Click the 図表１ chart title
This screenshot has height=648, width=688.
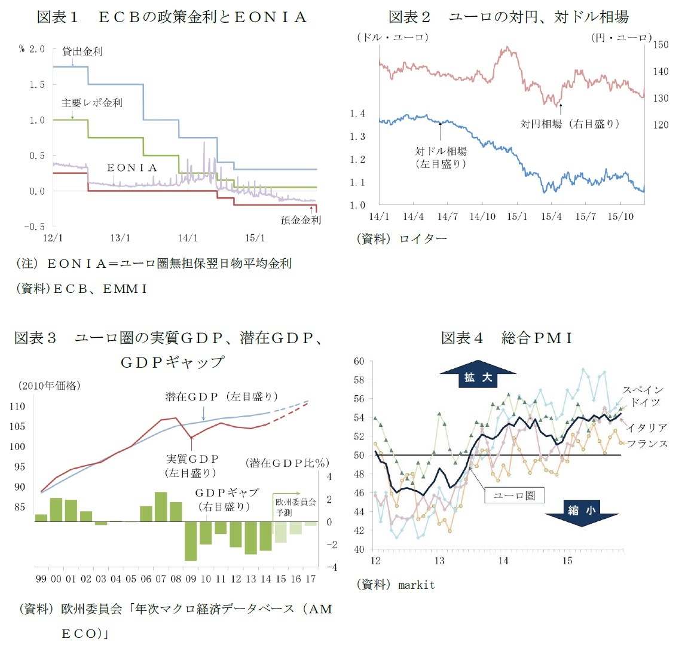coord(172,17)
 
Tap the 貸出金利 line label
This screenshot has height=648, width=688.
coord(82,51)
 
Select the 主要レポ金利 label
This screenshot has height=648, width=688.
coord(91,103)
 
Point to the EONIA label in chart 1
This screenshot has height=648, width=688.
coord(132,168)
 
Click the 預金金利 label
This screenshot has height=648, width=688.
coord(301,220)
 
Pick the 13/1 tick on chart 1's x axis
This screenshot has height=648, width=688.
coord(120,238)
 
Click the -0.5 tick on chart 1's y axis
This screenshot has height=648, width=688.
coord(35,227)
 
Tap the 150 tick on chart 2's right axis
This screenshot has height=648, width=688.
coord(661,45)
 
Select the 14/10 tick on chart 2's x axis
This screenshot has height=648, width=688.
coord(482,216)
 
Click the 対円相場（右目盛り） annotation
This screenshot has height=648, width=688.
coord(570,124)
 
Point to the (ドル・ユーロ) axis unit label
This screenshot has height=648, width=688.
coord(392,37)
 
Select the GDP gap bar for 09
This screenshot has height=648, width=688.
coord(191,540)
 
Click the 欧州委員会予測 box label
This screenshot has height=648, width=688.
coord(295,507)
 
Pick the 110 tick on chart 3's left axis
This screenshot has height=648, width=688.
coord(18,406)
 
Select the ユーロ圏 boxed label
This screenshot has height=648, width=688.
coord(514,495)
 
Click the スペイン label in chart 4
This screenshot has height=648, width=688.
coord(643,390)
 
